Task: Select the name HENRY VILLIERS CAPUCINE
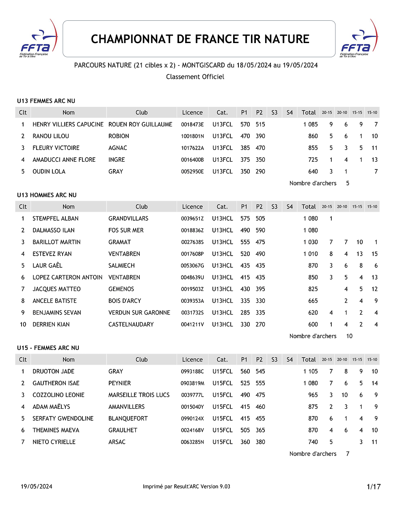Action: (68, 124)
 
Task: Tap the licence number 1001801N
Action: (192, 136)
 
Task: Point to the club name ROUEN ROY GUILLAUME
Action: (140, 124)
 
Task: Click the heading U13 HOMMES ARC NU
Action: (47, 195)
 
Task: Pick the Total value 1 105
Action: (310, 371)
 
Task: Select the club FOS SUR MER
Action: (126, 230)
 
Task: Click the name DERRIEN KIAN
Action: (51, 325)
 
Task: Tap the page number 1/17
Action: (373, 487)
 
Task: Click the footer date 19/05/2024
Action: (37, 487)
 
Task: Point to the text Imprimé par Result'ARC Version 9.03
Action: (186, 487)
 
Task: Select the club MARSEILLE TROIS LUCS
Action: (139, 395)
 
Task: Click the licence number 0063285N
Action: (192, 442)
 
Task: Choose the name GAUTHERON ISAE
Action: (56, 383)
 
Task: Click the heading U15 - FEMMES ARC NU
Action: (48, 348)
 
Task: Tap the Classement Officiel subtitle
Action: (195, 77)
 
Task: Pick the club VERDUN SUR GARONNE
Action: (139, 313)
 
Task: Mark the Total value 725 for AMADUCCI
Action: (313, 160)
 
